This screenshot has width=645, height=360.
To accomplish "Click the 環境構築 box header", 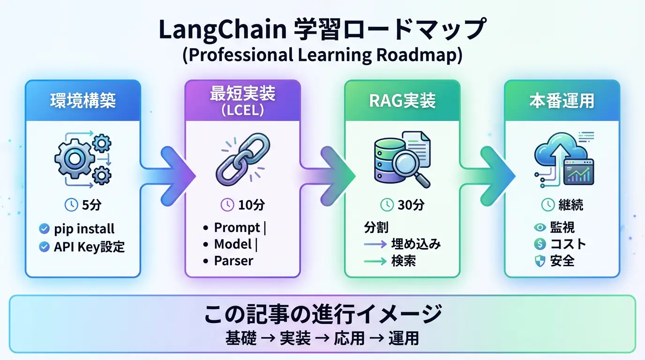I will click(x=82, y=101).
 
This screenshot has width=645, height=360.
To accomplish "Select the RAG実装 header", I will click(x=402, y=101).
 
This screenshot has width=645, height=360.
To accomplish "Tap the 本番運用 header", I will click(x=562, y=101).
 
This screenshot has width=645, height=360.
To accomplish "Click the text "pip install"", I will click(x=84, y=229).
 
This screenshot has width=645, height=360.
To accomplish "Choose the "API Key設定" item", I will click(x=89, y=247).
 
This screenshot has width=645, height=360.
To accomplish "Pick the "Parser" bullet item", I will click(x=233, y=261).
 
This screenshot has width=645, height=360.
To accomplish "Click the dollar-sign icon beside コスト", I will click(x=540, y=244).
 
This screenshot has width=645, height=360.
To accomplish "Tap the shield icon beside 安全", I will click(x=540, y=261).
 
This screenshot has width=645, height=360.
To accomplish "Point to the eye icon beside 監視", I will click(x=540, y=227).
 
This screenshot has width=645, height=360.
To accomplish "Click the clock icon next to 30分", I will click(x=387, y=204).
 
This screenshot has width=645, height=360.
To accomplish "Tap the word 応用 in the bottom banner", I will click(x=349, y=338).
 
